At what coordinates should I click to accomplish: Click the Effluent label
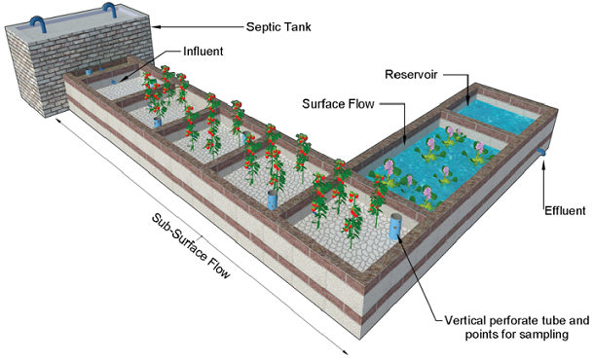click(566, 209)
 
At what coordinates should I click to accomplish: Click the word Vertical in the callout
click(464, 320)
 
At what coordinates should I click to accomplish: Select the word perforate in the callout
click(521, 320)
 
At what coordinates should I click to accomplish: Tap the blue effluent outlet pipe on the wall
click(542, 152)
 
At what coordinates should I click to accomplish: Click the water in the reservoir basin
click(497, 116)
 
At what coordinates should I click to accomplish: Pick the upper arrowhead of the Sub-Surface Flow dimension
click(58, 120)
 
